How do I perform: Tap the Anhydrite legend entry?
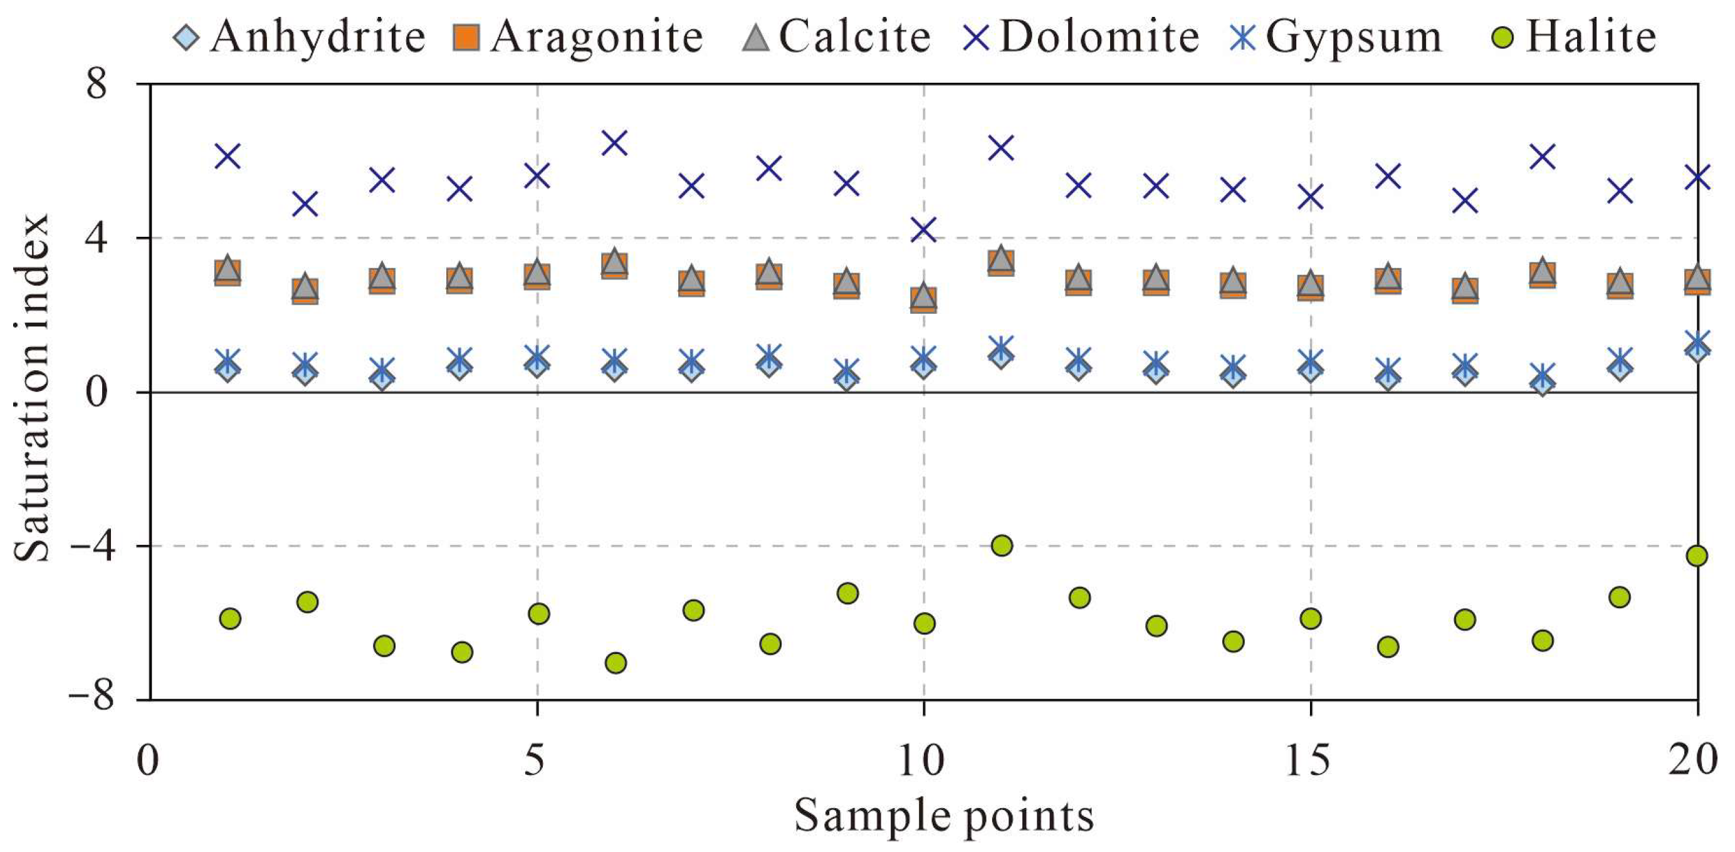[300, 36]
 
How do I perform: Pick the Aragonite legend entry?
[579, 36]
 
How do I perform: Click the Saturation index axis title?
[33, 388]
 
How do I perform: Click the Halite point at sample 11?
[1002, 545]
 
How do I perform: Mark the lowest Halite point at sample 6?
[616, 663]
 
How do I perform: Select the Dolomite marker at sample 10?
[923, 230]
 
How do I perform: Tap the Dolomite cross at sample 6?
[615, 143]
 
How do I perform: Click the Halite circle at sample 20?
[1697, 556]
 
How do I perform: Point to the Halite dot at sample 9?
[847, 593]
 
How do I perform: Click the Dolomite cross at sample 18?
[1543, 157]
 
